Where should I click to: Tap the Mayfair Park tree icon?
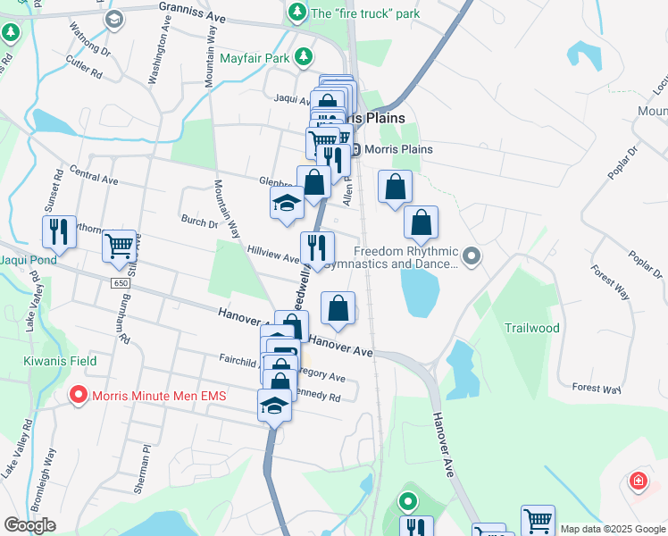coord(304,58)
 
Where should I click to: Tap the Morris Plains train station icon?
coord(355,149)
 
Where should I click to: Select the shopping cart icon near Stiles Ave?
coord(119,244)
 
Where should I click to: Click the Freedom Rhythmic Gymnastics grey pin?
coord(472,257)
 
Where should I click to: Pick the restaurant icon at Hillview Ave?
coord(317,247)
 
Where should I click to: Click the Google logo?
coord(29,525)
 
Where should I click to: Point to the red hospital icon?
coord(638,482)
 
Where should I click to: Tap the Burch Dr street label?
coord(198,220)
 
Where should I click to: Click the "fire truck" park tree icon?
coord(296,13)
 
